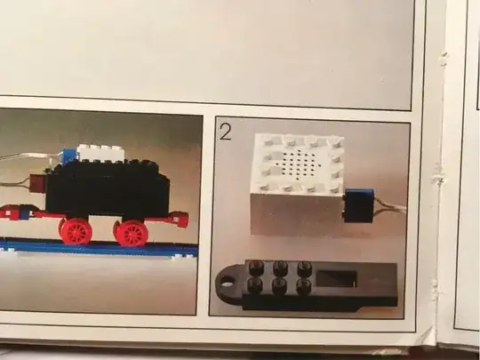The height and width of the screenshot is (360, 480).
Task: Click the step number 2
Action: [225, 132]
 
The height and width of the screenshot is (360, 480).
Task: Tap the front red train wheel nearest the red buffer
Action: [131, 233]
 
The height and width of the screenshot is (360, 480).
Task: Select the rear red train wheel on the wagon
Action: [76, 232]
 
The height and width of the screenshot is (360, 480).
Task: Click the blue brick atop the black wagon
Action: [68, 156]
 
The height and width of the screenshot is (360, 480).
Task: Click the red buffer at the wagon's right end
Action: [178, 220]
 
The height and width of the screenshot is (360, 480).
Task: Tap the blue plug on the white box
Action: [359, 205]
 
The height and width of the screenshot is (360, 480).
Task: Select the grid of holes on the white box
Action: [299, 164]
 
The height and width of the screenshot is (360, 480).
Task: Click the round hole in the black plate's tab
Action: [227, 283]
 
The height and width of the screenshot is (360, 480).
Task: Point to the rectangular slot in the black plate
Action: [336, 278]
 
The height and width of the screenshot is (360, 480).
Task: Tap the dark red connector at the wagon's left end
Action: [37, 183]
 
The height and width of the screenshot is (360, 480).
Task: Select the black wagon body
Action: [108, 190]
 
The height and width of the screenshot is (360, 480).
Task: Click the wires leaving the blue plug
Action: [390, 206]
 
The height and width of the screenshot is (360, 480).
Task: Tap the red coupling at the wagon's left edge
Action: [13, 212]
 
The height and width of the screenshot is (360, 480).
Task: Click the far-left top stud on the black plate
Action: [257, 268]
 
